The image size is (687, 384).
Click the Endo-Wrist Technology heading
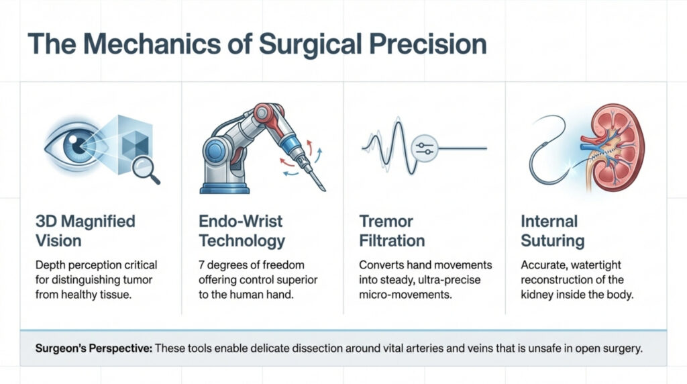click(242, 230)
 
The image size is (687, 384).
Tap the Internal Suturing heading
click(553, 230)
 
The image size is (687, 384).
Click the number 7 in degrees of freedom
click(201, 265)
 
